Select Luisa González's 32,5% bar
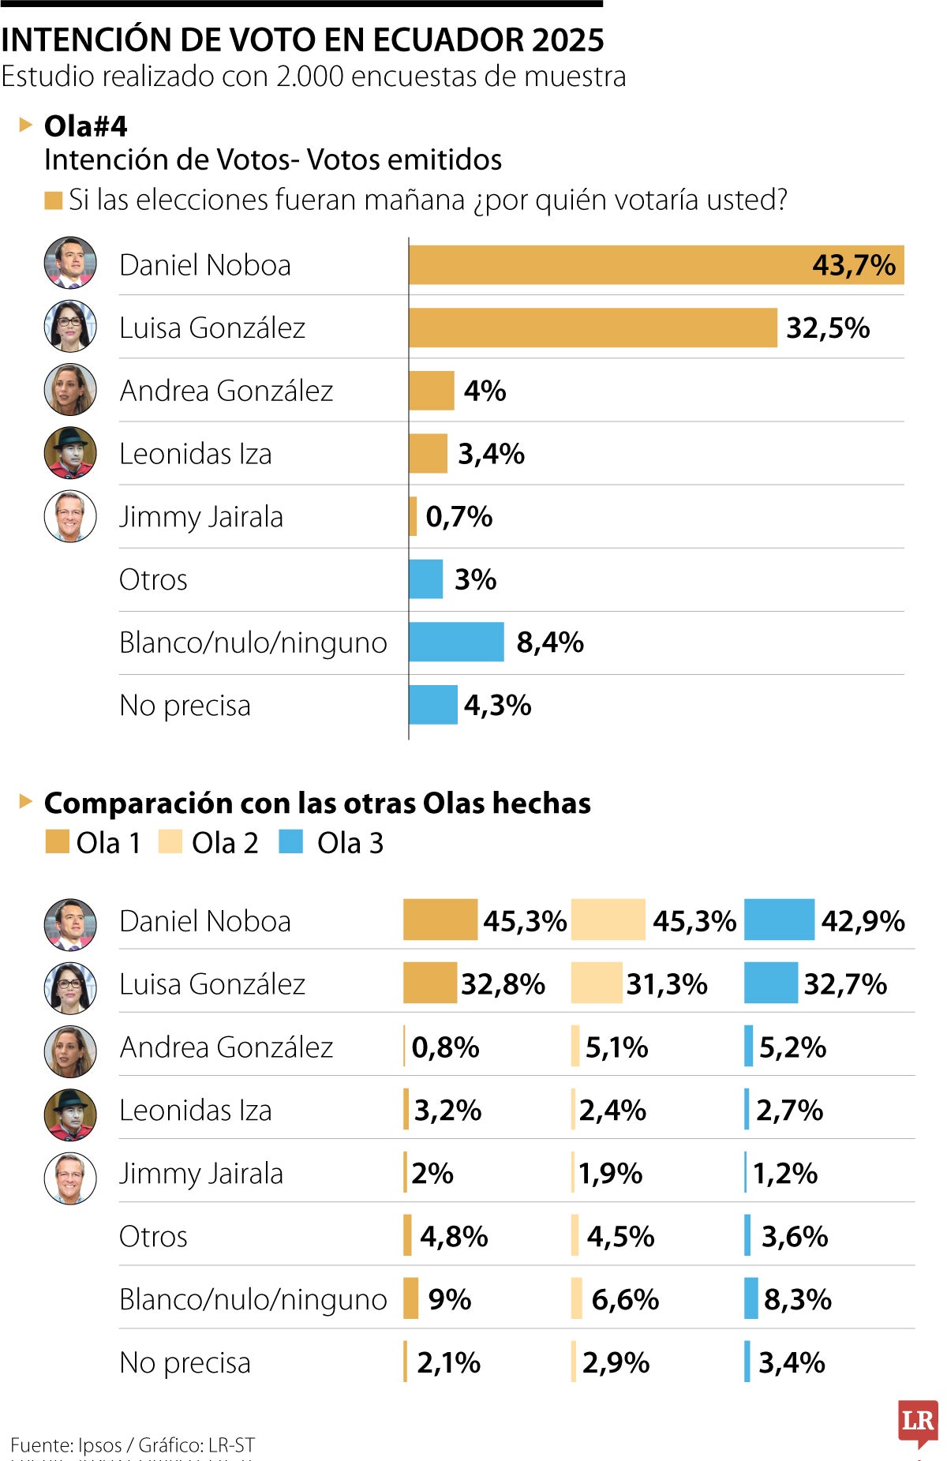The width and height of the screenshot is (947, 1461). click(x=592, y=328)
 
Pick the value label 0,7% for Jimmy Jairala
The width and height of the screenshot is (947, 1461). click(x=459, y=517)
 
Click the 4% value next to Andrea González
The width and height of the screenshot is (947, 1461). click(x=485, y=391)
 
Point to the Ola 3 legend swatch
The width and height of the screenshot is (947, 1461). click(x=290, y=841)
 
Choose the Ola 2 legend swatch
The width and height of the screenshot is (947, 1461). click(x=170, y=841)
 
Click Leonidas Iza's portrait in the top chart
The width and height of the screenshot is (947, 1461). click(x=70, y=453)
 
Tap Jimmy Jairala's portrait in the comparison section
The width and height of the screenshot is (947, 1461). click(x=70, y=1178)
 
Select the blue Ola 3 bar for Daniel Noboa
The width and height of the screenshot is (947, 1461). click(x=778, y=920)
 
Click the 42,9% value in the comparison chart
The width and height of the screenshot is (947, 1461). click(x=863, y=921)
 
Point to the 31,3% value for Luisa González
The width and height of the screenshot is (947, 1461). click(x=667, y=984)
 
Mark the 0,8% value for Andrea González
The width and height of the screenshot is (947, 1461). click(x=445, y=1047)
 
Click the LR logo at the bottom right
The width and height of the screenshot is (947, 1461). click(x=918, y=1422)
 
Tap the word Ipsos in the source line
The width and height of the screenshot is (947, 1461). click(x=99, y=1445)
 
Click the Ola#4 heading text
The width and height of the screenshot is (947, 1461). click(x=85, y=126)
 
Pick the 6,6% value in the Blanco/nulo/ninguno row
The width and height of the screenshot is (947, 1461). click(x=625, y=1299)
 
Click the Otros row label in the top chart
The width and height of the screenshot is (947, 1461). click(x=153, y=580)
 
